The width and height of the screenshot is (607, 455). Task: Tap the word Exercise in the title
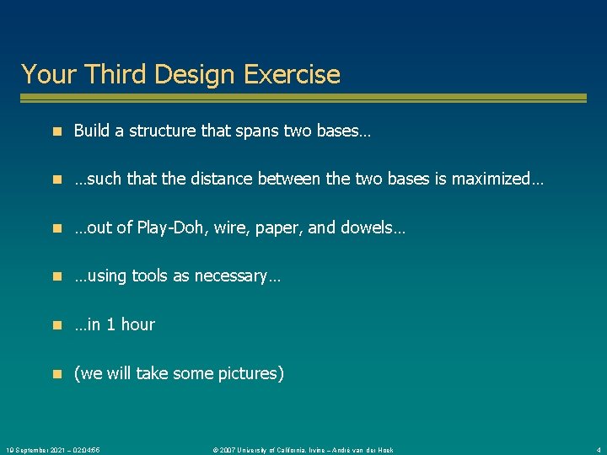pos(292,74)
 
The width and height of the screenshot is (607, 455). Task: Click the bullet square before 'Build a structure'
pos(56,131)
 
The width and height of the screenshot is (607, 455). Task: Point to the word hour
pos(137,324)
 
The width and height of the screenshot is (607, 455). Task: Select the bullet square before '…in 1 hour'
pos(56,325)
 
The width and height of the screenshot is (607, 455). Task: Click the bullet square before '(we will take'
pos(56,373)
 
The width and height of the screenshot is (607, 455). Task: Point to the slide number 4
pos(598,450)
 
